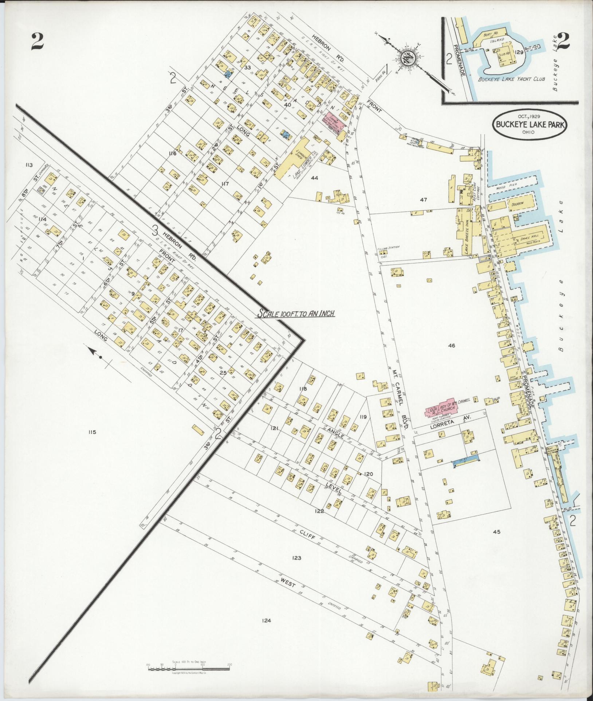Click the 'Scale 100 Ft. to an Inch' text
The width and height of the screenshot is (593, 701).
(x=296, y=314)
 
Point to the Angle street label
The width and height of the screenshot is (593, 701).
(x=333, y=430)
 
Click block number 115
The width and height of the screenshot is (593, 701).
(x=91, y=432)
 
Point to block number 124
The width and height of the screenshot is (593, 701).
(x=266, y=621)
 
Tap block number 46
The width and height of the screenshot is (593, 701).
(x=452, y=346)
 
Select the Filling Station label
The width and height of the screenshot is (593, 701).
(x=388, y=247)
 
